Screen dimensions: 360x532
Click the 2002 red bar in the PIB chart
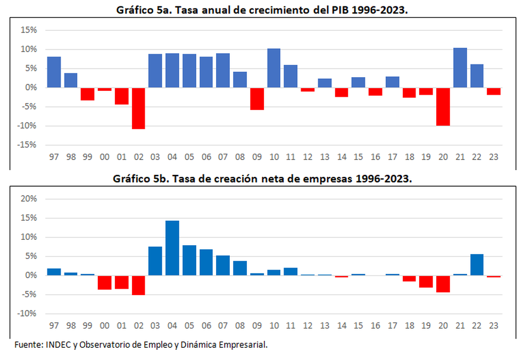click(x=138, y=108)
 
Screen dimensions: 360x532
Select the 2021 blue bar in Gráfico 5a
click(x=460, y=68)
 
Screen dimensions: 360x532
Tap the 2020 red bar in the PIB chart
click(x=443, y=106)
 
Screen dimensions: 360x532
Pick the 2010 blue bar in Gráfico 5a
click(x=273, y=68)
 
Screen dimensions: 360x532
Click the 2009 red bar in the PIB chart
click(x=257, y=98)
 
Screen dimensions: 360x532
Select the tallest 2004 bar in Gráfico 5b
click(x=172, y=248)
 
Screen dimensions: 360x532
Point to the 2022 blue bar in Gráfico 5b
click(x=477, y=265)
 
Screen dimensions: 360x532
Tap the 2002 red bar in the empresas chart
click(x=138, y=285)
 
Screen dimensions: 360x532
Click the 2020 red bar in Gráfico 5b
click(x=443, y=284)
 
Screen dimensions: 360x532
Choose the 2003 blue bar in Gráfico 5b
click(x=155, y=261)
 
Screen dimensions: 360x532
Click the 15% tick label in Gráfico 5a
click(x=29, y=30)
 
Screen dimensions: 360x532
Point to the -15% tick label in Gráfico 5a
click(x=28, y=145)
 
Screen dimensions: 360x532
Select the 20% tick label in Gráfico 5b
click(x=29, y=199)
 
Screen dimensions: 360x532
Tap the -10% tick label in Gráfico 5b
click(x=28, y=314)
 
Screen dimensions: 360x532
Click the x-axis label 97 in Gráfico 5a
click(x=54, y=158)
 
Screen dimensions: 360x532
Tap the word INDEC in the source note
click(x=57, y=345)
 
